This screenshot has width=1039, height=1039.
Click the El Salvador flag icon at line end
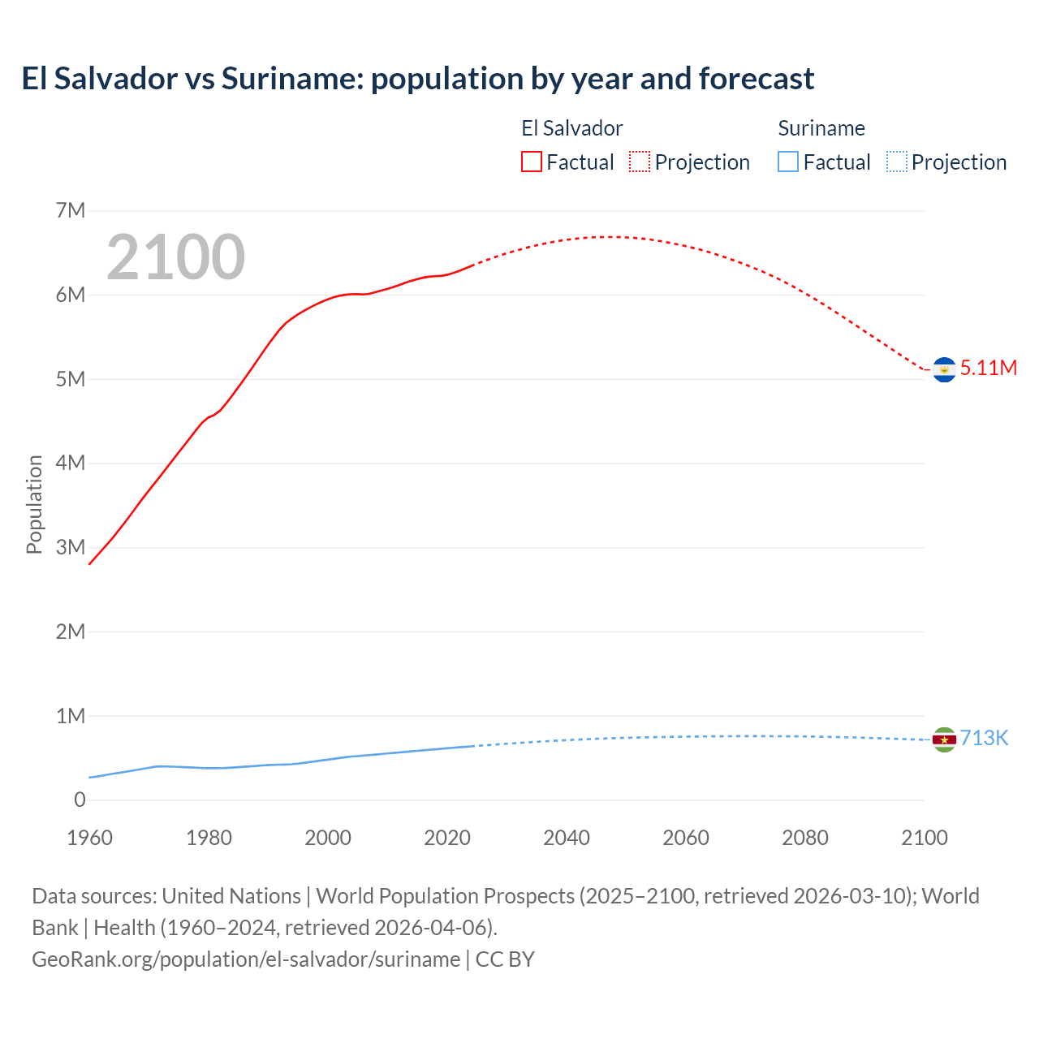pyautogui.click(x=944, y=369)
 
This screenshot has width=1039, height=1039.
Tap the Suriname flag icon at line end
pyautogui.click(x=944, y=739)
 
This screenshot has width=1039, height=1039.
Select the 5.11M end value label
pyautogui.click(x=988, y=368)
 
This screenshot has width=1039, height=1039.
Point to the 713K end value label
pyautogui.click(x=984, y=738)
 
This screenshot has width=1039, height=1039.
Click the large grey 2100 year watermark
pyautogui.click(x=175, y=257)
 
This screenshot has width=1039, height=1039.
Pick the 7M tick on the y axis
pyautogui.click(x=71, y=211)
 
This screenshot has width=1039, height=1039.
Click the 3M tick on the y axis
pyautogui.click(x=71, y=547)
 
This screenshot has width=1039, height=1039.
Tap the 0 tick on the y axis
pyautogui.click(x=80, y=800)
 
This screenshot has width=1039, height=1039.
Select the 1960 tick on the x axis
pyautogui.click(x=89, y=838)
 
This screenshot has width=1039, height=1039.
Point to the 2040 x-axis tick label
pyautogui.click(x=567, y=838)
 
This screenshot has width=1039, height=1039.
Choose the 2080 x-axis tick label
pyautogui.click(x=805, y=838)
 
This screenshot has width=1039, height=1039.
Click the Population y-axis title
pyautogui.click(x=34, y=504)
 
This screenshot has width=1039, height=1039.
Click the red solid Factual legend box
pyautogui.click(x=531, y=162)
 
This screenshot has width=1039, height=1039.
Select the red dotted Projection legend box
pyautogui.click(x=640, y=162)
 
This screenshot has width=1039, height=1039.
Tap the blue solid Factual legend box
pyautogui.click(x=788, y=162)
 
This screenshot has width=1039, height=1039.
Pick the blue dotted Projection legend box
pyautogui.click(x=897, y=162)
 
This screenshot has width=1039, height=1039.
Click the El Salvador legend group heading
pyautogui.click(x=571, y=128)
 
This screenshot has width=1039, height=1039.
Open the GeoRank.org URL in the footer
pyautogui.click(x=246, y=959)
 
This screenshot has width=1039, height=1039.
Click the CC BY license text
pyautogui.click(x=505, y=959)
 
